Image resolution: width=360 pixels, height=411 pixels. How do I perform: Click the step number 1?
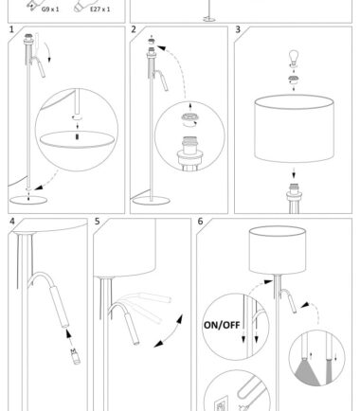[x=11, y=29]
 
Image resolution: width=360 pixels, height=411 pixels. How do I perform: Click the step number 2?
[x=134, y=29]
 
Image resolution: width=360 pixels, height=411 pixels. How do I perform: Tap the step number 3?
[x=238, y=29]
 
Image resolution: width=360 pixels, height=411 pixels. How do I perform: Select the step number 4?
[x=12, y=222]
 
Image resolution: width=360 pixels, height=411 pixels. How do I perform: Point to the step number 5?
[x=98, y=222]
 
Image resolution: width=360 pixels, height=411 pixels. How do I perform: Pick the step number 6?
[x=200, y=222]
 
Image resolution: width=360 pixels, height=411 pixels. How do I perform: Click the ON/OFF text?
[x=222, y=325]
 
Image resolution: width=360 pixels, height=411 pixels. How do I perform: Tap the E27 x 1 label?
[x=100, y=9]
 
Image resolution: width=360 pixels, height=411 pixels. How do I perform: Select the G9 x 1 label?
[x=50, y=9]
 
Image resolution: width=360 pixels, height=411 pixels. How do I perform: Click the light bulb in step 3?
[x=294, y=57]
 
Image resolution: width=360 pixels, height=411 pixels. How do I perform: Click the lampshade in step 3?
[x=294, y=129]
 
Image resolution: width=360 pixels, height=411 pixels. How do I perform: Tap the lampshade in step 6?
[x=278, y=250]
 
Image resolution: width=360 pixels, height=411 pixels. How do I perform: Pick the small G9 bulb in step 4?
[x=76, y=356]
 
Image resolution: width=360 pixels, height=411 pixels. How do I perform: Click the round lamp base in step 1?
[x=28, y=200]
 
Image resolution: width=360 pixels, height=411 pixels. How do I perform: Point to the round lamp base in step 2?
[x=152, y=201]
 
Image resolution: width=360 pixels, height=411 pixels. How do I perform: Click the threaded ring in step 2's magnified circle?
[x=189, y=117]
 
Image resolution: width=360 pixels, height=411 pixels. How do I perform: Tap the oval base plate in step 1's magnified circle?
[x=77, y=139]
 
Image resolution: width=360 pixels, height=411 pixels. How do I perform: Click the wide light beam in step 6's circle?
[x=307, y=373]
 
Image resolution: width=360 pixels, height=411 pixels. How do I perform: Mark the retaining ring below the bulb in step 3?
[x=294, y=80]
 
